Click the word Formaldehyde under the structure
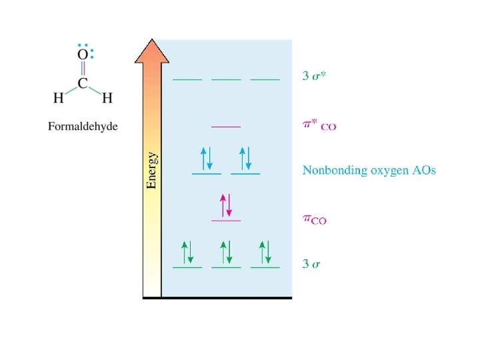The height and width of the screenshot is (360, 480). (x=82, y=126)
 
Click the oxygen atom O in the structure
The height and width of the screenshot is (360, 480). (x=82, y=54)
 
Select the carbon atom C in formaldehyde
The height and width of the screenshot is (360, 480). (x=82, y=84)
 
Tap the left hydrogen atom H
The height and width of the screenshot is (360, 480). (x=59, y=98)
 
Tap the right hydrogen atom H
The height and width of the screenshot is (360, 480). (x=107, y=98)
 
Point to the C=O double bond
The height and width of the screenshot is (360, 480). (x=82, y=69)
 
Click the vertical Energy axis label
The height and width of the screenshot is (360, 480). (x=152, y=170)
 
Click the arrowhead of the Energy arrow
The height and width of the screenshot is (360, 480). (x=151, y=51)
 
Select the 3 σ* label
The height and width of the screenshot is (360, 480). (x=314, y=76)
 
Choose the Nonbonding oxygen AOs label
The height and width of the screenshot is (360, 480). (x=369, y=171)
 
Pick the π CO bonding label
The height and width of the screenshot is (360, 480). (x=315, y=220)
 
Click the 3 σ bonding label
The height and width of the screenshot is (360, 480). (x=311, y=264)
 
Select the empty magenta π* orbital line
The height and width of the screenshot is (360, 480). (x=226, y=126)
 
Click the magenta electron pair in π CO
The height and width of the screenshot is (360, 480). (x=226, y=205)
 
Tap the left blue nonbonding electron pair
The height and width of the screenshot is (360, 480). (x=207, y=159)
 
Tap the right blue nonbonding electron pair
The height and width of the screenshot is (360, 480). (x=245, y=159)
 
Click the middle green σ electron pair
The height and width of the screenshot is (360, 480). (x=226, y=251)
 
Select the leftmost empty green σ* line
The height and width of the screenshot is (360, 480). (x=187, y=79)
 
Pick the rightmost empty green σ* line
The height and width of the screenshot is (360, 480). (x=265, y=79)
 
